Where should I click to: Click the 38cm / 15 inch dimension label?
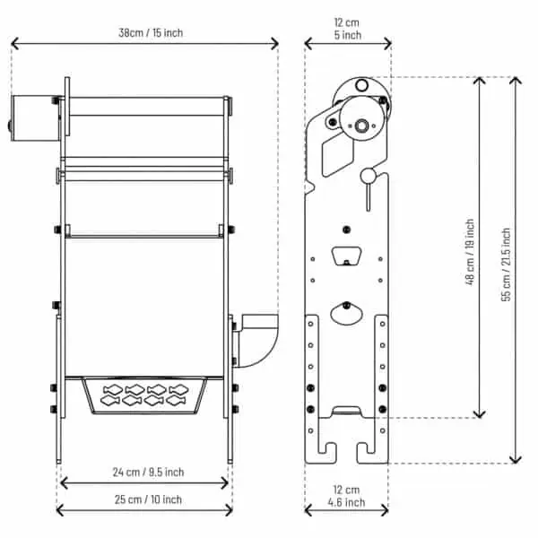(151, 33)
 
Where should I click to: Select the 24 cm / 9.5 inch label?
(148, 473)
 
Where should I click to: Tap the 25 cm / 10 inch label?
(148, 499)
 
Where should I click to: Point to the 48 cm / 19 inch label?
(470, 252)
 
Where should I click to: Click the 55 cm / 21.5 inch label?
(506, 265)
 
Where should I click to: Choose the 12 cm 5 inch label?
(347, 29)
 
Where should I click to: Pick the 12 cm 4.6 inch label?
(346, 496)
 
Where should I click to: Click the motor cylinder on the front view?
(35, 118)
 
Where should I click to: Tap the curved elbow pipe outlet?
(257, 341)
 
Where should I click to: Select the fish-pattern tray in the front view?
(144, 395)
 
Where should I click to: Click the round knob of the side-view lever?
(368, 176)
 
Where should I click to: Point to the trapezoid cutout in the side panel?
(346, 256)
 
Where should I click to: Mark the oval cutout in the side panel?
(346, 314)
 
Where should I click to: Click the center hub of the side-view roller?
(361, 126)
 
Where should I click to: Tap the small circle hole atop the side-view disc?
(361, 85)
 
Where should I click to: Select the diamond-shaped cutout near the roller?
(338, 153)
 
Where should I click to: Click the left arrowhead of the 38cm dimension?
(15, 44)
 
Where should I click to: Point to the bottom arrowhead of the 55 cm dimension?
(516, 459)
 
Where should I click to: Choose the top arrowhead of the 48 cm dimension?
(480, 82)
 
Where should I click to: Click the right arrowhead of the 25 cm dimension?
(228, 510)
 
